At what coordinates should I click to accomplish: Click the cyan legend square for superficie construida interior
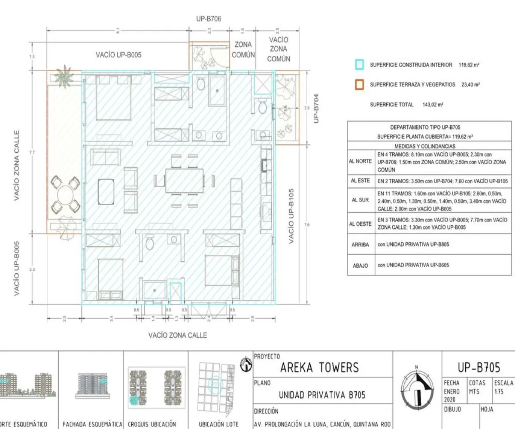click(359, 65)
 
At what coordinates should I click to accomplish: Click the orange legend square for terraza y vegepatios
click(359, 85)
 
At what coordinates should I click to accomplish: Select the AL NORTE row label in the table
click(360, 161)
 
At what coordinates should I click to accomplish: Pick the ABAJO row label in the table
click(360, 266)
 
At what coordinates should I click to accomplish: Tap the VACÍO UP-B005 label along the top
click(118, 55)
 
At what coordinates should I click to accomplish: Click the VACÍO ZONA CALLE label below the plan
click(178, 335)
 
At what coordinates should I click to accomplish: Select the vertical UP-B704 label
click(316, 109)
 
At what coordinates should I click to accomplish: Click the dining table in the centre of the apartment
click(185, 180)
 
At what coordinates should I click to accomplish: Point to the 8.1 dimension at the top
click(118, 30)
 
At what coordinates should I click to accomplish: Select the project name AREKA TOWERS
click(319, 368)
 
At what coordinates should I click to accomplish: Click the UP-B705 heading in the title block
click(479, 368)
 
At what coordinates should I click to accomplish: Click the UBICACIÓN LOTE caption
click(219, 424)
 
